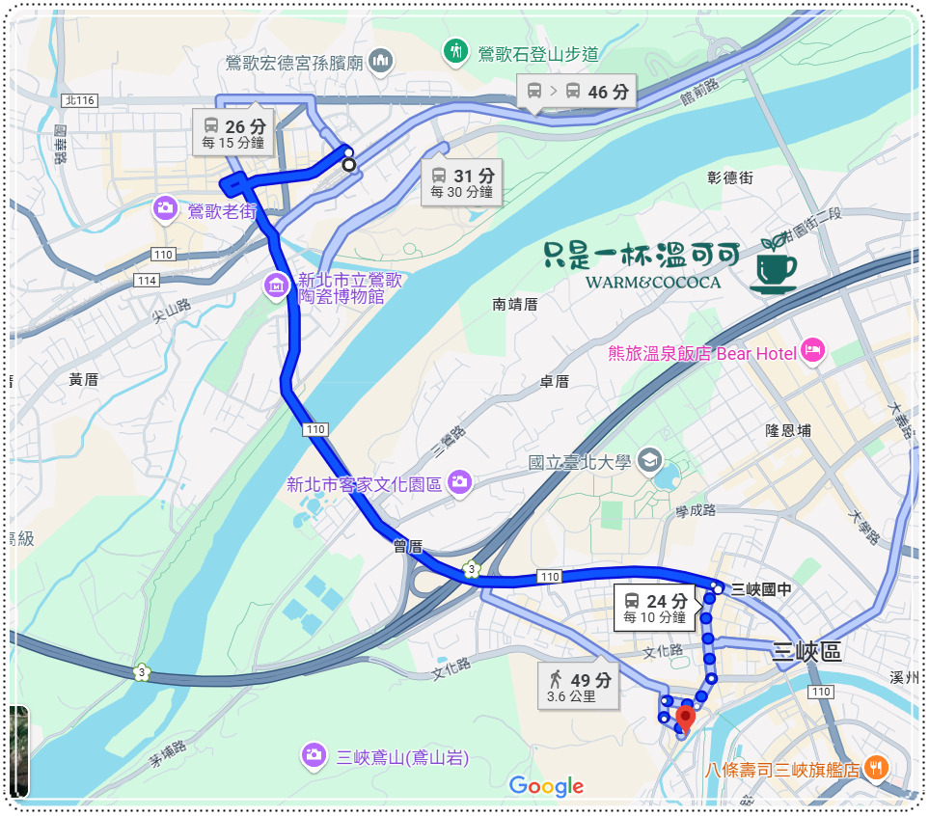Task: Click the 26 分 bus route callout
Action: click(x=234, y=132)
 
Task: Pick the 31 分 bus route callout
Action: click(x=462, y=181)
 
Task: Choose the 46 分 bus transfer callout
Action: click(x=577, y=93)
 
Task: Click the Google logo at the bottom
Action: click(x=546, y=786)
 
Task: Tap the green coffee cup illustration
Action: click(x=774, y=264)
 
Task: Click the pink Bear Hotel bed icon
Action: click(x=813, y=352)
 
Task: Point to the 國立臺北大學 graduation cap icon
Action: click(x=649, y=460)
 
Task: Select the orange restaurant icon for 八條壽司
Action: click(x=876, y=769)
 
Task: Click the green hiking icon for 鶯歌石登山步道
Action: click(x=454, y=50)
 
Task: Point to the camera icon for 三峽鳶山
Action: click(x=313, y=755)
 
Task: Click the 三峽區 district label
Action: click(x=808, y=652)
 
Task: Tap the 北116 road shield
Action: click(x=79, y=100)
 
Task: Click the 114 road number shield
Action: click(x=147, y=281)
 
